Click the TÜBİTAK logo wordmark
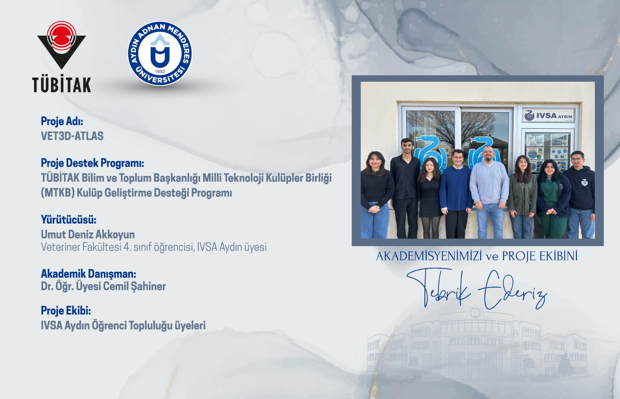click(x=62, y=85)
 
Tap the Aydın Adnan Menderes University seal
click(x=160, y=53)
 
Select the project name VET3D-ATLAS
click(x=72, y=136)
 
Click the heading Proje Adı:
click(x=62, y=122)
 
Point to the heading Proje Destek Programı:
click(x=92, y=163)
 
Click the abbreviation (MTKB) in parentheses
click(x=57, y=193)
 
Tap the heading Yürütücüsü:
click(x=69, y=220)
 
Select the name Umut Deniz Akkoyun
click(x=88, y=234)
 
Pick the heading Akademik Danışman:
click(x=88, y=274)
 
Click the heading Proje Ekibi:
click(x=66, y=311)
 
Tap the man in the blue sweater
click(x=456, y=190)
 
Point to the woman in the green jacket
click(x=522, y=194)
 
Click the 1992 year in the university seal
click(x=160, y=71)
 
